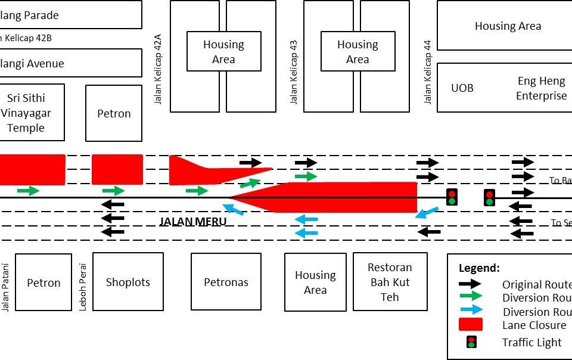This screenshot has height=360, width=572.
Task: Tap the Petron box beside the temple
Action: pos(114,113)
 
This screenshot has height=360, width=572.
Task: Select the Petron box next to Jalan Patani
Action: pos(43,283)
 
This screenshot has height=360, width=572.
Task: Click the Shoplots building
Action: pos(128,282)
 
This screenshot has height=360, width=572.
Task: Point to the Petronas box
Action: pos(226,282)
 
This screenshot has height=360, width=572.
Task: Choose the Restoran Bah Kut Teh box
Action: pos(390,282)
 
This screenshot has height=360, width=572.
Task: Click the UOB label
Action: pos(462,88)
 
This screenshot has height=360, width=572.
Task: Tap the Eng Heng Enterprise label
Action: pos(541,88)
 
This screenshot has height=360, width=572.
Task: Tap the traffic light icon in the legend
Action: pos(471,342)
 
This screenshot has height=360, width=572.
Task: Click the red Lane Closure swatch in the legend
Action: pos(471,325)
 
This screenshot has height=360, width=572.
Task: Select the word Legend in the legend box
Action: pos(479,268)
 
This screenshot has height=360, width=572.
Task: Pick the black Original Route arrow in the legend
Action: pos(471,284)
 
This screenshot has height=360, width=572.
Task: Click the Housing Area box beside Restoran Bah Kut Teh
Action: pos(315,283)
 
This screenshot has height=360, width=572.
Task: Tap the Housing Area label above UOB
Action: pos(508,26)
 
